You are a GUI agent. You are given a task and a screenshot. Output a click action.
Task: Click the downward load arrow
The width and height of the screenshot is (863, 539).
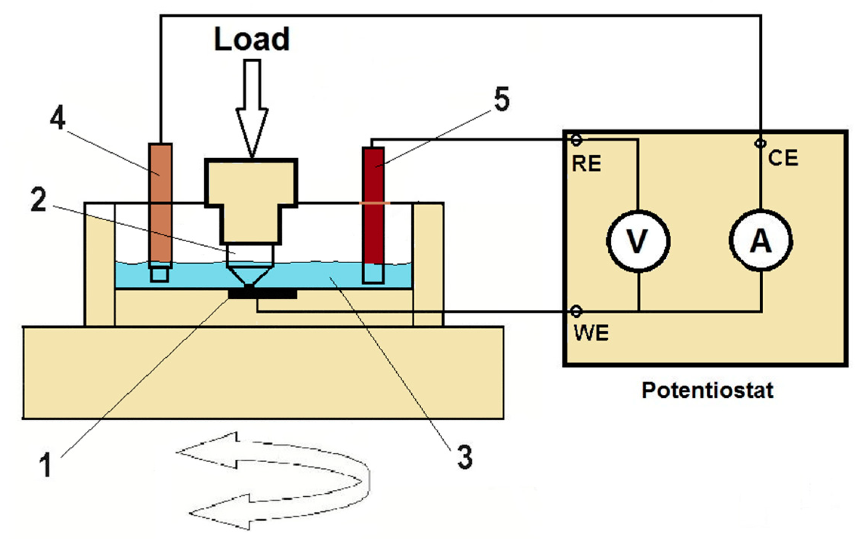(x=252, y=108)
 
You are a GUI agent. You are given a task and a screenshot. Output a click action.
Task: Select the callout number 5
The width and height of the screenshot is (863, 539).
(x=502, y=99)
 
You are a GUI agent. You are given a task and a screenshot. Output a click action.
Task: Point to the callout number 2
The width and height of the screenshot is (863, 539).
(x=39, y=200)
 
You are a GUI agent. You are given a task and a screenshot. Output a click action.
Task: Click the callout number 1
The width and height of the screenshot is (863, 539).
(x=46, y=465)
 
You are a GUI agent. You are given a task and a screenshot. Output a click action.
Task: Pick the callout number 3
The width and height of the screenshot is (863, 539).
(x=465, y=457)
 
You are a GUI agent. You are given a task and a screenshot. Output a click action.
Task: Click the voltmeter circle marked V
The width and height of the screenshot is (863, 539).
(x=638, y=241)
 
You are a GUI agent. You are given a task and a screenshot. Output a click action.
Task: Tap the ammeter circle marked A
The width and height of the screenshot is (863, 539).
(x=761, y=240)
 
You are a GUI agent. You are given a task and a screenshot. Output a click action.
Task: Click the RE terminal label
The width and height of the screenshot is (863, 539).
(x=586, y=164)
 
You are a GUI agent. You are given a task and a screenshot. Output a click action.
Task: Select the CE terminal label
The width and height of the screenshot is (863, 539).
(x=783, y=158)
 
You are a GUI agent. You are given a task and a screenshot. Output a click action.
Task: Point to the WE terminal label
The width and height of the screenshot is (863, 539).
(x=591, y=333)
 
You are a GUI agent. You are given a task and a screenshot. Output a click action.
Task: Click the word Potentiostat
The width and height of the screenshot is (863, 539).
(x=707, y=390)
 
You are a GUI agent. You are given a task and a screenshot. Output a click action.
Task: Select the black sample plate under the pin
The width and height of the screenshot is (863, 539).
(x=262, y=293)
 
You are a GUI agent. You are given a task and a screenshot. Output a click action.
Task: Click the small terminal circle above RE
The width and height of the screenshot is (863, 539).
(x=576, y=140)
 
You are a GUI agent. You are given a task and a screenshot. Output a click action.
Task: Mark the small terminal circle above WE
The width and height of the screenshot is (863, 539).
(x=576, y=312)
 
